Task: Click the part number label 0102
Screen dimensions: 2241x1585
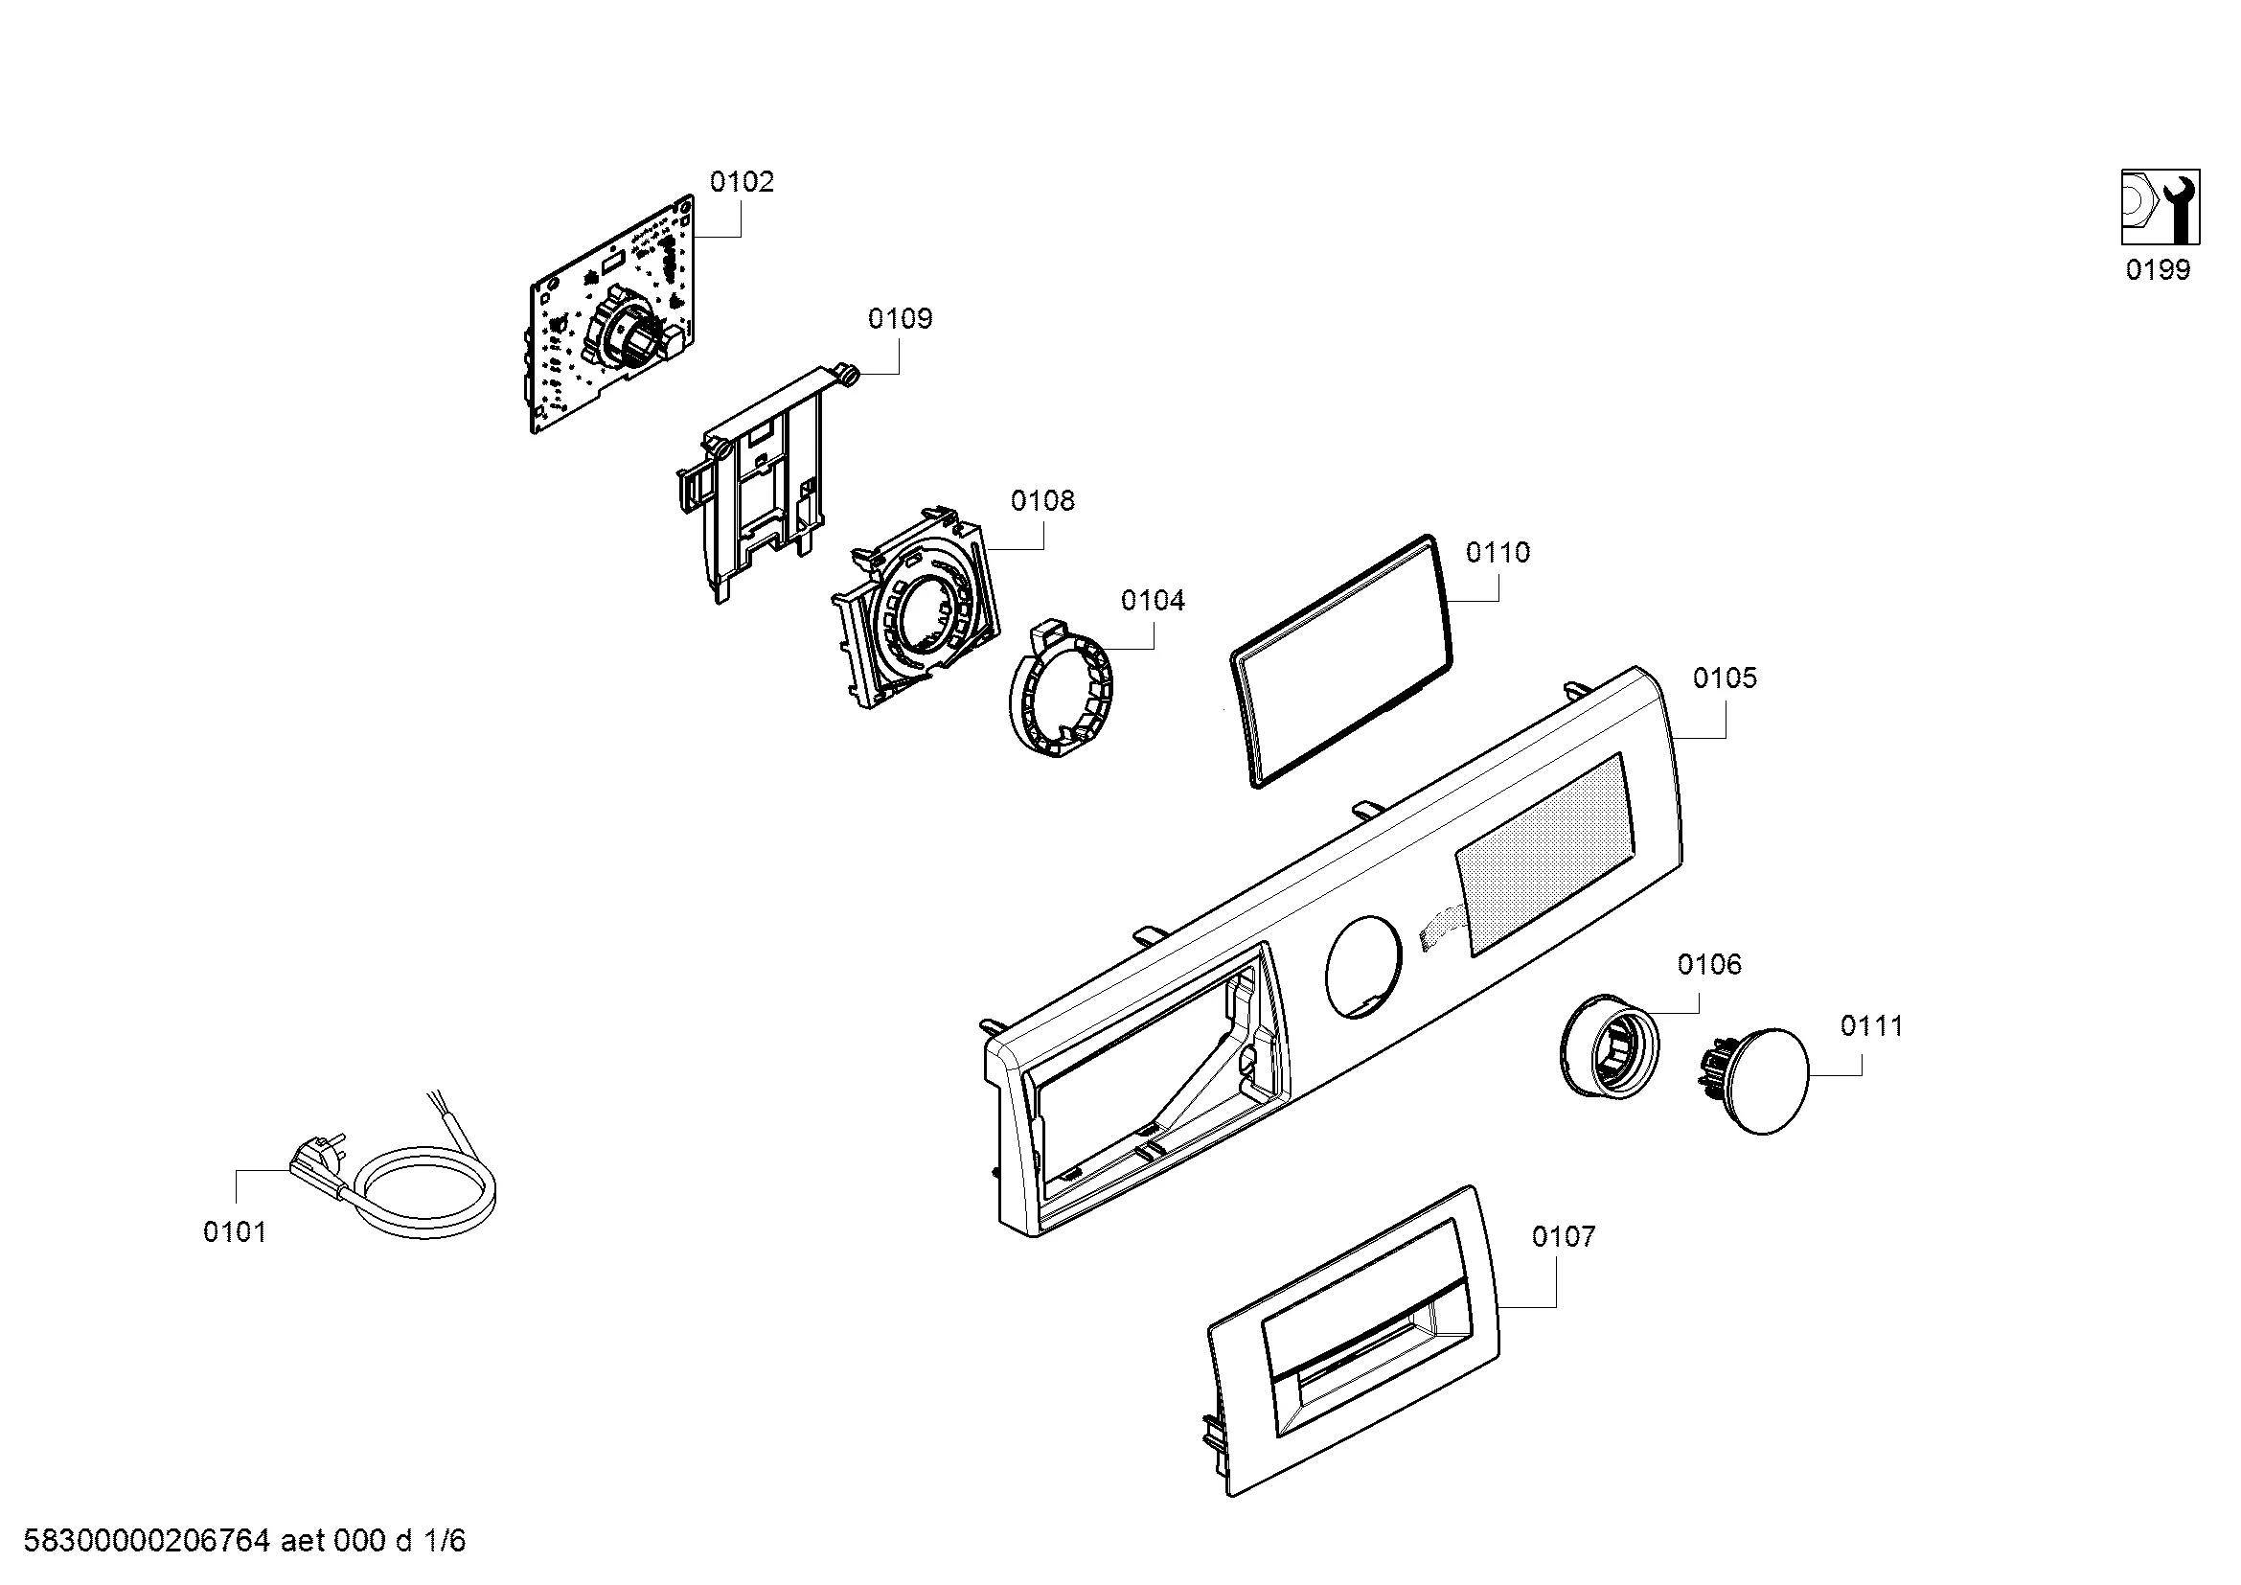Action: pyautogui.click(x=742, y=182)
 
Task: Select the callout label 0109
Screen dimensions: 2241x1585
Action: pyautogui.click(x=900, y=318)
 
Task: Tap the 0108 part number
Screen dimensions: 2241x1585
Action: pyautogui.click(x=1042, y=500)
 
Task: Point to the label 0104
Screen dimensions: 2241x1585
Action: pyautogui.click(x=1153, y=600)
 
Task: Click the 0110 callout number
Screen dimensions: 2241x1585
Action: pyautogui.click(x=1498, y=553)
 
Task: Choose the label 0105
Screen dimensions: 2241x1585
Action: pyautogui.click(x=1725, y=678)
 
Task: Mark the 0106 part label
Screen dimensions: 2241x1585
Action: pyautogui.click(x=1709, y=965)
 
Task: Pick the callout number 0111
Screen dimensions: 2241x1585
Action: pyautogui.click(x=1872, y=1025)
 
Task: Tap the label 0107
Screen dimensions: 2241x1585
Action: pyautogui.click(x=1564, y=1236)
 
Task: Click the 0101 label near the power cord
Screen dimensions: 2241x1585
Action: pyautogui.click(x=234, y=1232)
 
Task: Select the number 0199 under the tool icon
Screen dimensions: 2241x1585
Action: pyautogui.click(x=2158, y=270)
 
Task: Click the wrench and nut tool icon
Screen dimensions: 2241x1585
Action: pyautogui.click(x=2160, y=207)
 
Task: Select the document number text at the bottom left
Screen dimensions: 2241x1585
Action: pyautogui.click(x=245, y=1540)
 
